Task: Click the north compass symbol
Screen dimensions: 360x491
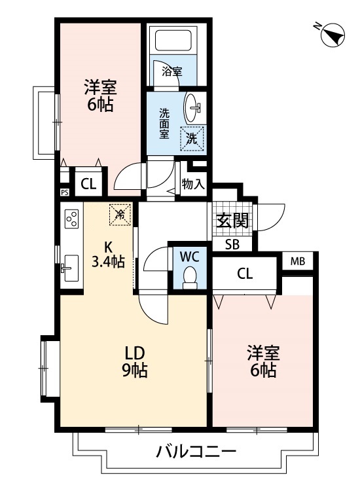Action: (x=333, y=35)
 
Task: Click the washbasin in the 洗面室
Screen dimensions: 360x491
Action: (x=192, y=107)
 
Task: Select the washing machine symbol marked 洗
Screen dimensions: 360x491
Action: (x=192, y=138)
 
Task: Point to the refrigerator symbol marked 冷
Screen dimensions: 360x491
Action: (x=120, y=215)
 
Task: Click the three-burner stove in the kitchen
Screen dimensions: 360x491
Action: (x=72, y=219)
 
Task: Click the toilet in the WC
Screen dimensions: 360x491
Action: (x=190, y=277)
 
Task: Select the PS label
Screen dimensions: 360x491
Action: (x=65, y=192)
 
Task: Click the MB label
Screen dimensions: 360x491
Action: (x=297, y=261)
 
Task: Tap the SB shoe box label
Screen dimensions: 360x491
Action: (x=232, y=244)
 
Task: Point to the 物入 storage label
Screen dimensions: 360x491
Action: (x=193, y=184)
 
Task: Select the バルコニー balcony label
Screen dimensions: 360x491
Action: (x=196, y=451)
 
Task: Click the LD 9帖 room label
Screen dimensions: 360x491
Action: (x=135, y=361)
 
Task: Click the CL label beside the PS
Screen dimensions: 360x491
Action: (x=88, y=184)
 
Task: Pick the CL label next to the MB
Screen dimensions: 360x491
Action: (x=245, y=274)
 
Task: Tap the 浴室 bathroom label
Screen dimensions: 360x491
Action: (x=172, y=72)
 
